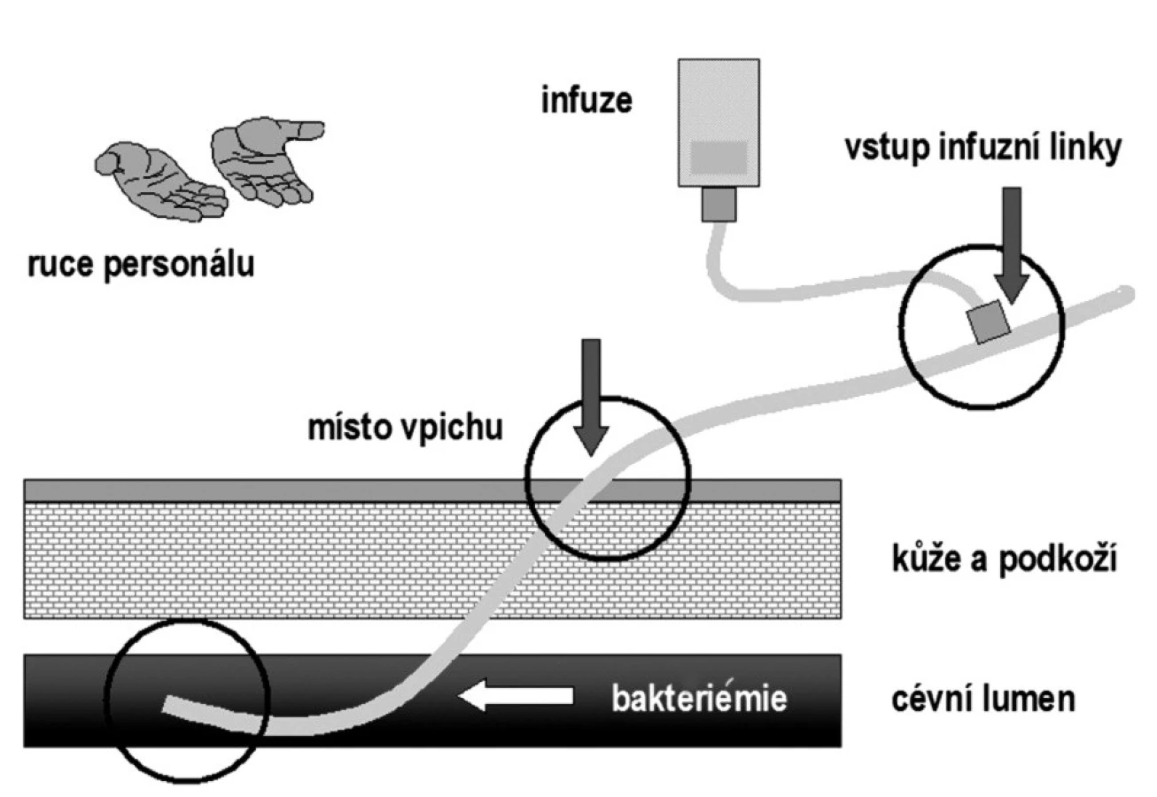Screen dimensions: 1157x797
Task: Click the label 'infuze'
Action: click(x=586, y=100)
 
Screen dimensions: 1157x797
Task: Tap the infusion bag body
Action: click(x=719, y=123)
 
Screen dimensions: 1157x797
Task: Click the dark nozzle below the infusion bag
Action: click(x=719, y=205)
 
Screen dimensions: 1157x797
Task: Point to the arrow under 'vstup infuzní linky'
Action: click(x=1012, y=245)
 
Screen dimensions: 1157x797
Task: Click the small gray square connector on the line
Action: click(x=989, y=321)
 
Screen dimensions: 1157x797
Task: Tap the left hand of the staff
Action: click(x=161, y=181)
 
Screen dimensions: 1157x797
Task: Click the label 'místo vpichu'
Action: click(x=405, y=428)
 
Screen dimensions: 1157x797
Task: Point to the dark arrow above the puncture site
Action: click(x=592, y=398)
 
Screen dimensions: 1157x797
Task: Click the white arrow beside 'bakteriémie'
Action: click(x=516, y=695)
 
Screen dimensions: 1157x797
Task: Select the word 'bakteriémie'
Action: click(x=699, y=699)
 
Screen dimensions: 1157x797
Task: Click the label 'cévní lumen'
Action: click(x=983, y=700)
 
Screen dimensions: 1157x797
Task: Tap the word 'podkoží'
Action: click(x=1059, y=560)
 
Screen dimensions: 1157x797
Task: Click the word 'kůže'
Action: click(x=926, y=558)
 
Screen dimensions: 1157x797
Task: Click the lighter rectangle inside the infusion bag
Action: click(x=719, y=158)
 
